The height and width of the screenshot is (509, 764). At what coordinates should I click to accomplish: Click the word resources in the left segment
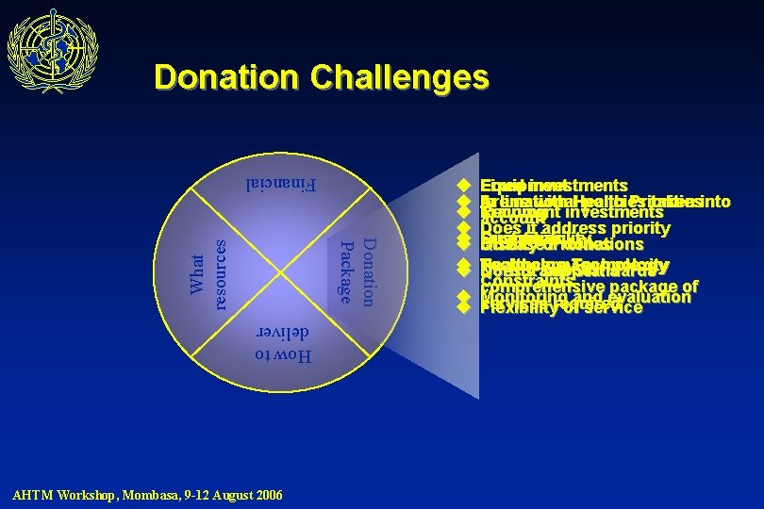(216, 273)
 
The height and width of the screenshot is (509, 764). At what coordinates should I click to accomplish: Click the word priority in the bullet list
(640, 228)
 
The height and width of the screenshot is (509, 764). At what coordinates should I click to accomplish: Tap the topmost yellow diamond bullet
(463, 186)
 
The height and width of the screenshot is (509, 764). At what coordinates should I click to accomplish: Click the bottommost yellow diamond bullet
(463, 306)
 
